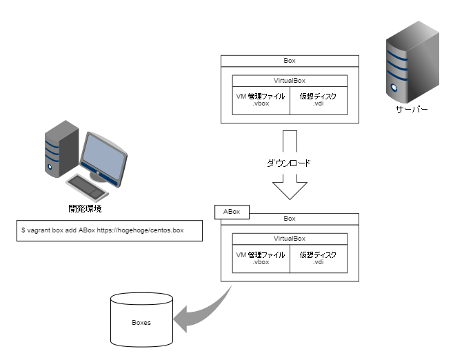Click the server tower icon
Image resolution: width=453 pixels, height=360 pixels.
[412, 62]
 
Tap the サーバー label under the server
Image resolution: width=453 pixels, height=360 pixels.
[412, 110]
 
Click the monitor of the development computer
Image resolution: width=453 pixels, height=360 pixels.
[103, 159]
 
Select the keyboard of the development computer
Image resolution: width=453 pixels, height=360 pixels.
[87, 187]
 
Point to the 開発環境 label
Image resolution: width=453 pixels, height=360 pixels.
[85, 208]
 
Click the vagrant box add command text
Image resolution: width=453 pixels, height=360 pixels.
[103, 230]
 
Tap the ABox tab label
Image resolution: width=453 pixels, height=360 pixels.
[232, 212]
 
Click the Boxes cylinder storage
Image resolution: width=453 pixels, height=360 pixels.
[141, 320]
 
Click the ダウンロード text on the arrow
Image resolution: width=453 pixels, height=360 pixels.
[289, 163]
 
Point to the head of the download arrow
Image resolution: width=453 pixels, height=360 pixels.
[290, 199]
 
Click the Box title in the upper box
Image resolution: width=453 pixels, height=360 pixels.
[290, 61]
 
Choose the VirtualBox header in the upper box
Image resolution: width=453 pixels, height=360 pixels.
[290, 81]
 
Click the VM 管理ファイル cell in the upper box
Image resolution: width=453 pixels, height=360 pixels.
[261, 101]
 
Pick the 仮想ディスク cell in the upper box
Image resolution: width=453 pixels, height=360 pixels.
[319, 101]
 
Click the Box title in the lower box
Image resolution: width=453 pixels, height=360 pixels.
[290, 219]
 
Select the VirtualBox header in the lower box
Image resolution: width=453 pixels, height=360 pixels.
[290, 239]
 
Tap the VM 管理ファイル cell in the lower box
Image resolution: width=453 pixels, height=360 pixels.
[261, 259]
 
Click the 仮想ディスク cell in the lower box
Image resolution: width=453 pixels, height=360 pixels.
[319, 259]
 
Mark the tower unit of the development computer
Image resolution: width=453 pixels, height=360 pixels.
[61, 149]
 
